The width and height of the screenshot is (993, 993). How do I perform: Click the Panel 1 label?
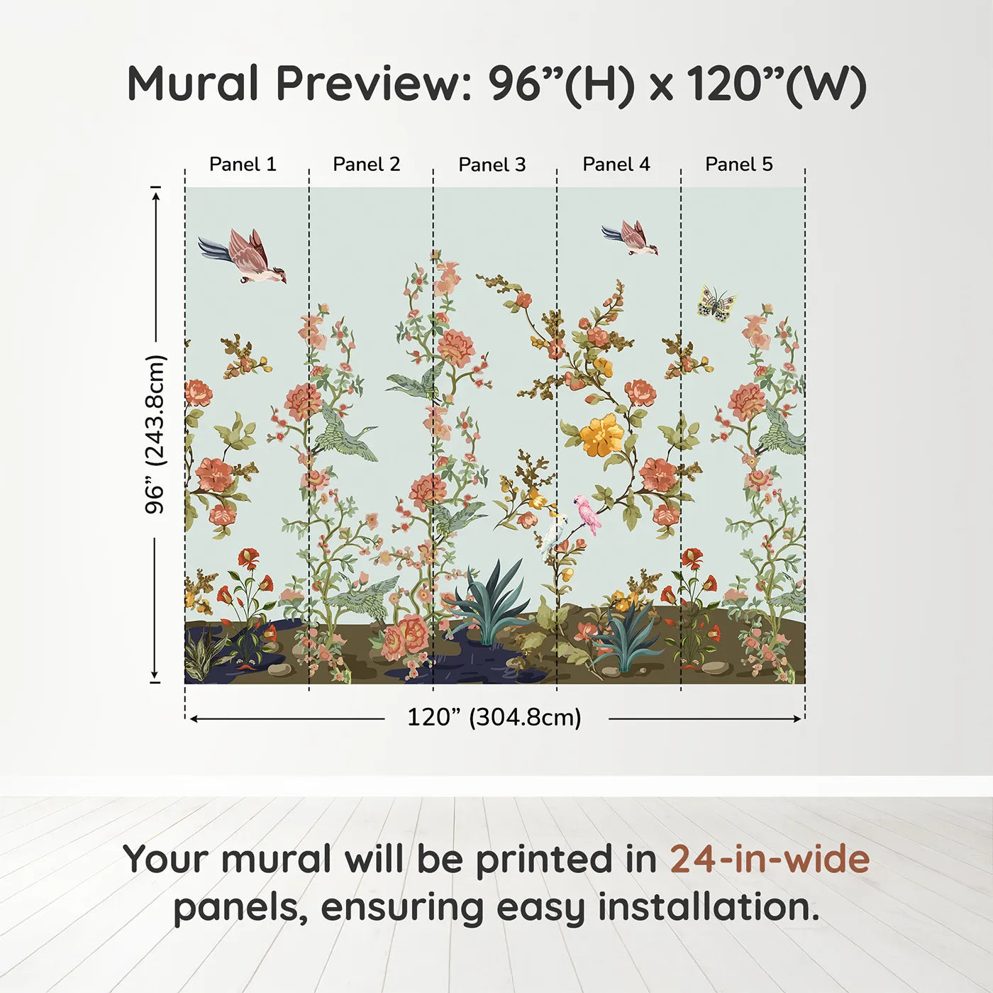243,165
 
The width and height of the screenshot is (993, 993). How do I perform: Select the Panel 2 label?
367,165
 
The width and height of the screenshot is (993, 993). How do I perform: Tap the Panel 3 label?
492,165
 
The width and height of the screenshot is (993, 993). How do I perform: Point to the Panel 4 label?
616,165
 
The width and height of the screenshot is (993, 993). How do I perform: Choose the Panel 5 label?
739,165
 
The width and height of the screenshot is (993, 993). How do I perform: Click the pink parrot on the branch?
589,514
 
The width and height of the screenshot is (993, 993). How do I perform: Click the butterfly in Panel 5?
716,304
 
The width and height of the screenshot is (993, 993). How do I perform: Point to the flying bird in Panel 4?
631,238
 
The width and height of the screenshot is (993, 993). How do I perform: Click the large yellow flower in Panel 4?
602,435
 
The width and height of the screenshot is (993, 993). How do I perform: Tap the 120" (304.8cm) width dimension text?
494,718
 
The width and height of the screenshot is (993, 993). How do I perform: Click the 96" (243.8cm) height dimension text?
155,434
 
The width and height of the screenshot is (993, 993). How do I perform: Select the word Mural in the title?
193,84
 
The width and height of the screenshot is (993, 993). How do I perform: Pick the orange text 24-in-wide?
770,860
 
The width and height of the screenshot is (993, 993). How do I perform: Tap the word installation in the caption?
708,907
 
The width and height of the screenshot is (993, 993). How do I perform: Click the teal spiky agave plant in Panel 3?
489,603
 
